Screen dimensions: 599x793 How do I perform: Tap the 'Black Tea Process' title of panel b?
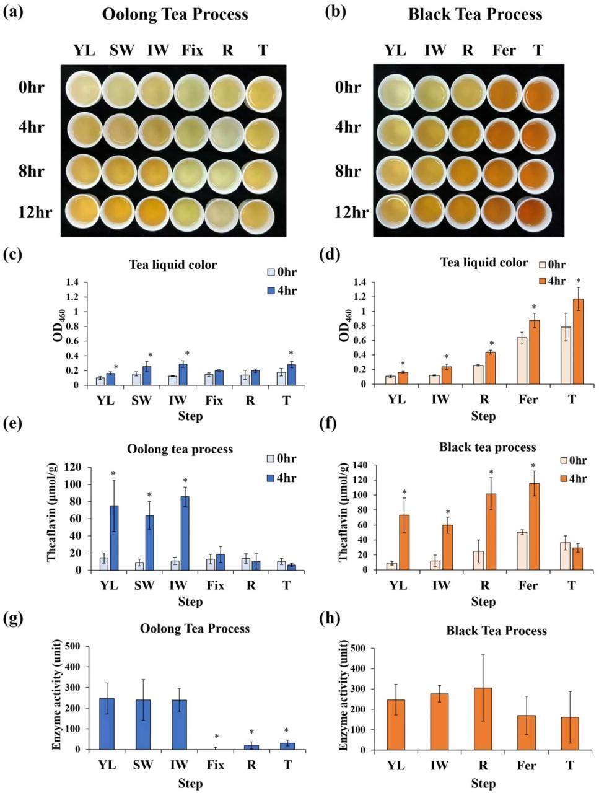coord(475,14)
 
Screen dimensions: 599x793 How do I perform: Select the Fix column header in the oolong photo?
coord(192,50)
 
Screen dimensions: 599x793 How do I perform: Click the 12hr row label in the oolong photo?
coord(35,212)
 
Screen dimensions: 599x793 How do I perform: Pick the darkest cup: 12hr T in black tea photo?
coord(534,214)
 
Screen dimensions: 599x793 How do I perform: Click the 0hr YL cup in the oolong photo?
coord(84,89)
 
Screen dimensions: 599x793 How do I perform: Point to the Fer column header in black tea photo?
coord(504,50)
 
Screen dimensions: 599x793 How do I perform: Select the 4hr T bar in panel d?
coord(578,341)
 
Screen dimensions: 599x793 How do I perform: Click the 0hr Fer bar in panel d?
coord(522,361)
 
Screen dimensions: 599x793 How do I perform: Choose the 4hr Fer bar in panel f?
coord(534,527)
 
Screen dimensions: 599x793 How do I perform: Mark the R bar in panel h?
coord(483,719)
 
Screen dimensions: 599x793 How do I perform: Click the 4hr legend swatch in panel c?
coord(271,291)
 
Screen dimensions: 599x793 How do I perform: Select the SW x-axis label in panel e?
coord(144,585)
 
